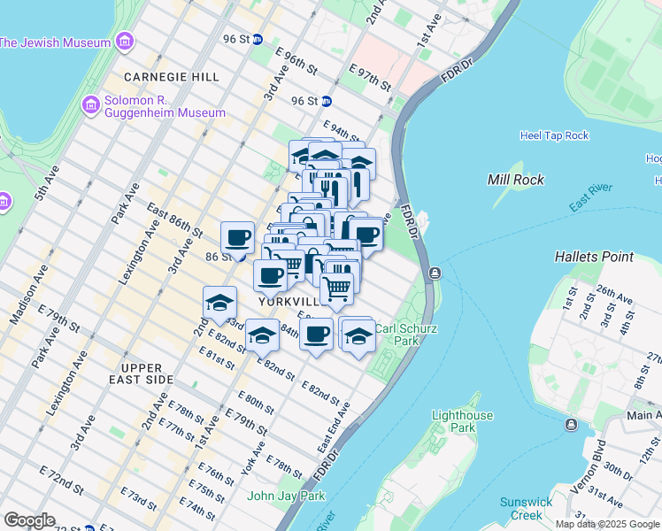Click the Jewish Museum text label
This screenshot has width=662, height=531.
click(56, 42)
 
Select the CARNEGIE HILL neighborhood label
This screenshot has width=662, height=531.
click(172, 77)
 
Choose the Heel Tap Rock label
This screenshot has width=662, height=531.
click(554, 135)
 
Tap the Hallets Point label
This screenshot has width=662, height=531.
click(594, 257)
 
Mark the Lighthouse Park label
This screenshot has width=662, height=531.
click(460, 421)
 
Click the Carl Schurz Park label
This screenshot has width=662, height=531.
click(396, 334)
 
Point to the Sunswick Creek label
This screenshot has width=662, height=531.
click(526, 508)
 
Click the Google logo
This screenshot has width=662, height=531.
click(29, 520)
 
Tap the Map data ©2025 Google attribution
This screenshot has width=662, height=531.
click(607, 524)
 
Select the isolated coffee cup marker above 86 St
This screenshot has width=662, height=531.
click(237, 237)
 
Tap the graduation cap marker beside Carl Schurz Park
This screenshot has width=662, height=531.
click(358, 335)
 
